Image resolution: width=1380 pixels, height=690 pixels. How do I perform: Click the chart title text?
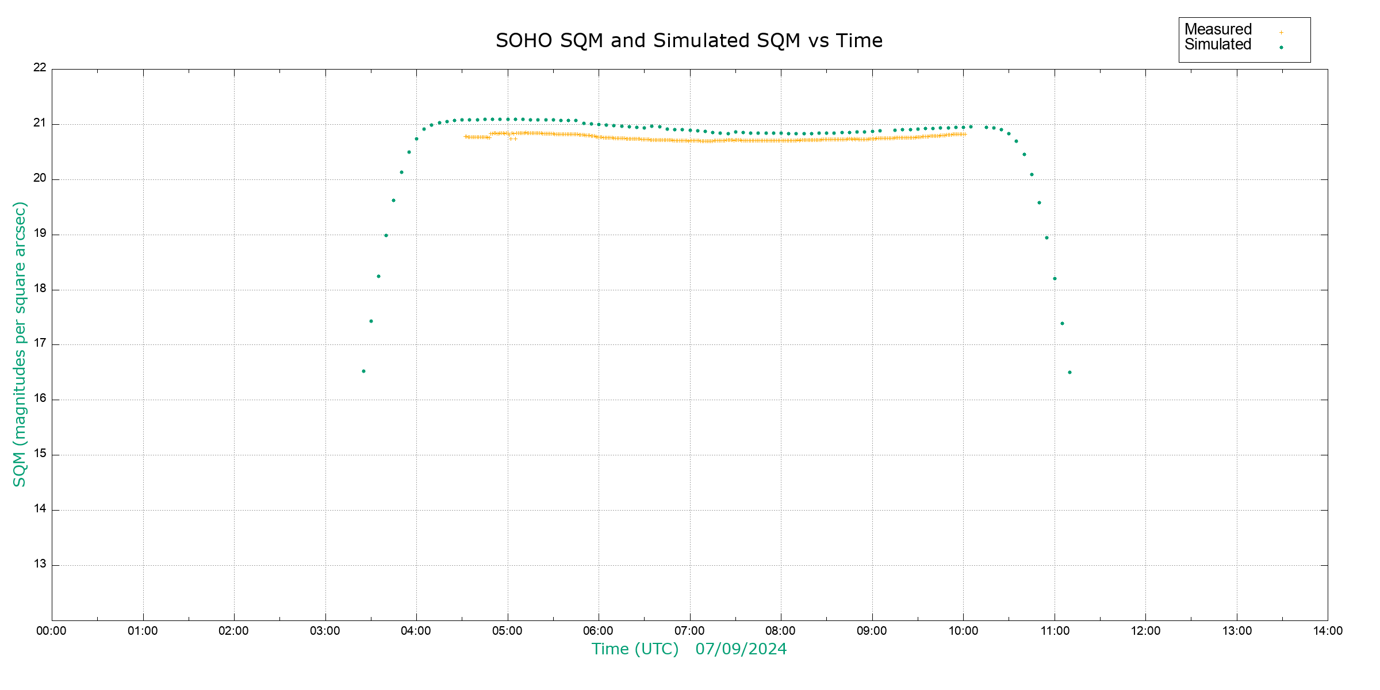(689, 41)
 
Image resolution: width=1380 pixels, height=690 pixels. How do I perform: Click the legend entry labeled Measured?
(1218, 29)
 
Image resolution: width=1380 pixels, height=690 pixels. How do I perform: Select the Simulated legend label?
(1218, 45)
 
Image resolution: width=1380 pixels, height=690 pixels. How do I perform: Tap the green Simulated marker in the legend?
(1281, 48)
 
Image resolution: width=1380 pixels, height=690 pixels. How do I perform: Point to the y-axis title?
(20, 344)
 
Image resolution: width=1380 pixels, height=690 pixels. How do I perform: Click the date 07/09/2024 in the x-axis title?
(741, 649)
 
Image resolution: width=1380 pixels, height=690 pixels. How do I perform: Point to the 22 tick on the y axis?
(40, 68)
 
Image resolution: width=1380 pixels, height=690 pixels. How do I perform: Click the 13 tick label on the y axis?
(40, 564)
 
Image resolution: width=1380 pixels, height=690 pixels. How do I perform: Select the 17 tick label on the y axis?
(40, 344)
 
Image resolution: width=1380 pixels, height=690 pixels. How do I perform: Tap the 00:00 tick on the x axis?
(51, 631)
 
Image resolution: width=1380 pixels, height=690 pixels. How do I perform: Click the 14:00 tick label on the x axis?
(1328, 631)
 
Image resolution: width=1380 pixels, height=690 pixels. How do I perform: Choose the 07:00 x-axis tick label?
(689, 631)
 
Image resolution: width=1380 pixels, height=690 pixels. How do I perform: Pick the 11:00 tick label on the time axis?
(1055, 631)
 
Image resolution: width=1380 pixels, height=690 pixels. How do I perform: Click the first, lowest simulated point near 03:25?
(363, 371)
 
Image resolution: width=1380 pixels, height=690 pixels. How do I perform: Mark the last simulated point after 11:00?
(1069, 373)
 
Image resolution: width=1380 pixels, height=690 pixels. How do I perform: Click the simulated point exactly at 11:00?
(1055, 279)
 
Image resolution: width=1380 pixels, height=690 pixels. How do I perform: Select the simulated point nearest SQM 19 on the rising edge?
(386, 236)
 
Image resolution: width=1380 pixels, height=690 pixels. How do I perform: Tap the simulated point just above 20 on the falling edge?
(1032, 175)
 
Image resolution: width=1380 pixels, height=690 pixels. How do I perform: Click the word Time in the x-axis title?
(611, 649)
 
